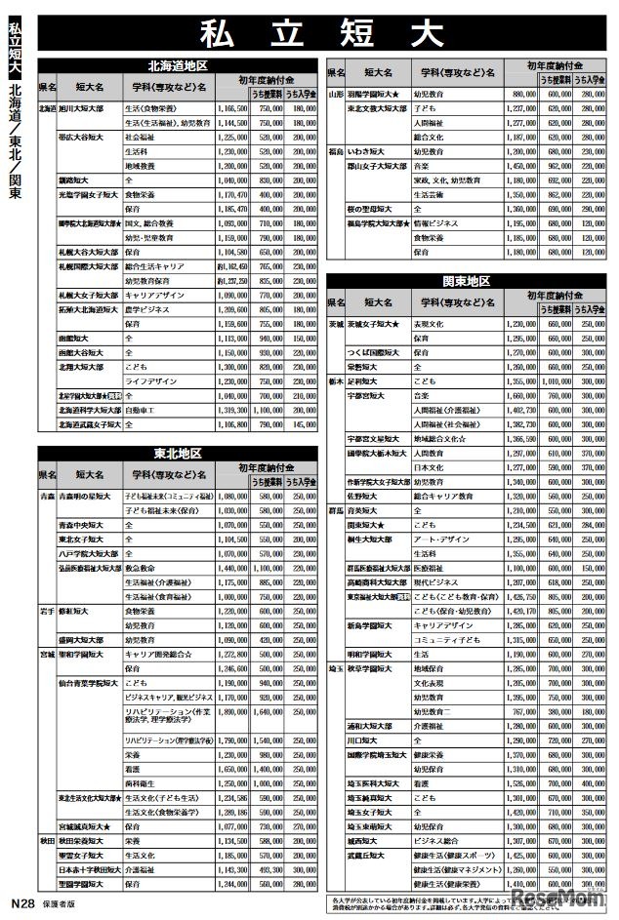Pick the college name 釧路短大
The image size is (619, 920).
(73, 180)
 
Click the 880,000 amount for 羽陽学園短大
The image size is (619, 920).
(520, 94)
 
